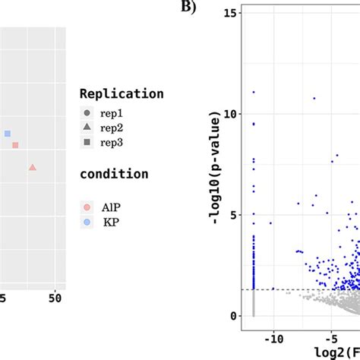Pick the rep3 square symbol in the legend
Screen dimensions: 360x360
(87, 142)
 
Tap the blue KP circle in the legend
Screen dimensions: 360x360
(87, 222)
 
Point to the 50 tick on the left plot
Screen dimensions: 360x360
(55, 299)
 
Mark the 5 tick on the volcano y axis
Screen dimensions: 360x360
(238, 215)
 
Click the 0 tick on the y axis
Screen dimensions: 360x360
(238, 315)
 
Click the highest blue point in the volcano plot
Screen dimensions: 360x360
(253, 92)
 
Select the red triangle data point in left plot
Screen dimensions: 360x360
(32, 167)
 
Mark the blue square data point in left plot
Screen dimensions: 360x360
(8, 134)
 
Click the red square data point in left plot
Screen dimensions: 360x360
(15, 145)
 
